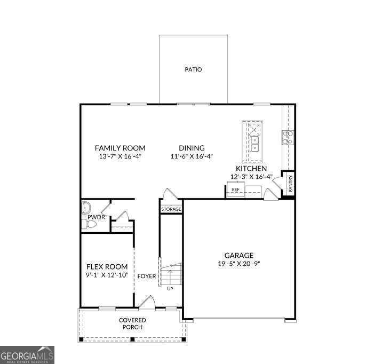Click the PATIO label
point(193,69)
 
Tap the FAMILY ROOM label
point(120,148)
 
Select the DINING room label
point(192,148)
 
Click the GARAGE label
point(238,255)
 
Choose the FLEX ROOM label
point(107,267)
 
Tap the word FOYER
point(147,276)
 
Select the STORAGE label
point(171,209)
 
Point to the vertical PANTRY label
point(290,184)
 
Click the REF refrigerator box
point(235,189)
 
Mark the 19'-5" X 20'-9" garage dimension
point(238,263)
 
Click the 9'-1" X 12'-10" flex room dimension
point(107,275)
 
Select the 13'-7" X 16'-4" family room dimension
point(120,156)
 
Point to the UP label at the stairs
point(170,289)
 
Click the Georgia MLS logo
point(27,355)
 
